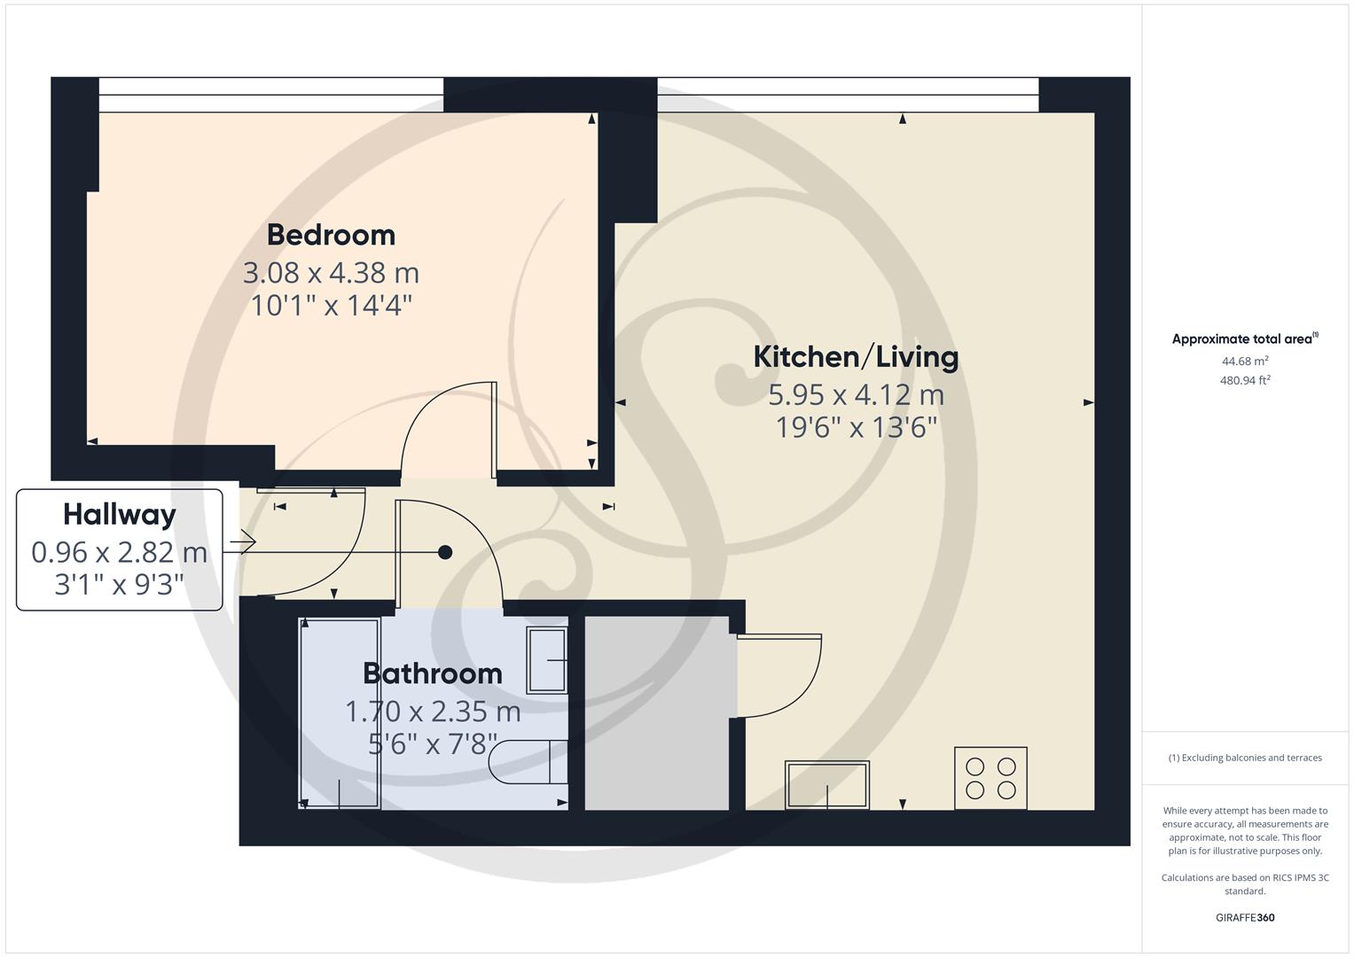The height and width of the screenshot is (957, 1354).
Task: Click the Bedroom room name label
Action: pyautogui.click(x=331, y=235)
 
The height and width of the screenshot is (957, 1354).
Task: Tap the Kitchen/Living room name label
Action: pyautogui.click(x=856, y=357)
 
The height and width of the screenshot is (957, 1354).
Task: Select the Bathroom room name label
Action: pyautogui.click(x=433, y=673)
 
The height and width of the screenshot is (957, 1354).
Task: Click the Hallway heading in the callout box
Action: pyautogui.click(x=120, y=515)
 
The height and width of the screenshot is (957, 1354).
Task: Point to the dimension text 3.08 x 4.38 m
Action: pyautogui.click(x=331, y=272)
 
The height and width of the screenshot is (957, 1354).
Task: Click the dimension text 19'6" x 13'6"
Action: pyautogui.click(x=856, y=428)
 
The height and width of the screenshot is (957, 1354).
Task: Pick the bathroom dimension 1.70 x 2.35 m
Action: pyautogui.click(x=433, y=711)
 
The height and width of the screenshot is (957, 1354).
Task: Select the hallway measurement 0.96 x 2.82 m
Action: pyautogui.click(x=120, y=552)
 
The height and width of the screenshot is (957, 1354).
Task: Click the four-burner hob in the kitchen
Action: pyautogui.click(x=990, y=778)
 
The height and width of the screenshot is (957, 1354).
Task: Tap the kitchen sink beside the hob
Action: pyautogui.click(x=827, y=784)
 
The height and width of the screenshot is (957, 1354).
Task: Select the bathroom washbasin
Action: pyautogui.click(x=546, y=660)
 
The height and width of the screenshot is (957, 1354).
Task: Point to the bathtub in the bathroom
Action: pyautogui.click(x=340, y=713)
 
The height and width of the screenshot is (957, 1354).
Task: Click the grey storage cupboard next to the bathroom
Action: pyautogui.click(x=657, y=713)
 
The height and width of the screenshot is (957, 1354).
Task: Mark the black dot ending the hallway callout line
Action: pyautogui.click(x=445, y=552)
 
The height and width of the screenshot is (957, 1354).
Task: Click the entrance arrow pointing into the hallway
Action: pyautogui.click(x=244, y=541)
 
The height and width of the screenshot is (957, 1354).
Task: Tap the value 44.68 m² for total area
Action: pyautogui.click(x=1245, y=361)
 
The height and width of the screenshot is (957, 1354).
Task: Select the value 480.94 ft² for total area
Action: pyautogui.click(x=1245, y=380)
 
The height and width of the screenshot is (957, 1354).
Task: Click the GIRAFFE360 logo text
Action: pyautogui.click(x=1245, y=917)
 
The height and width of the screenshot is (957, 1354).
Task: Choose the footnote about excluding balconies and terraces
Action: pyautogui.click(x=1245, y=758)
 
